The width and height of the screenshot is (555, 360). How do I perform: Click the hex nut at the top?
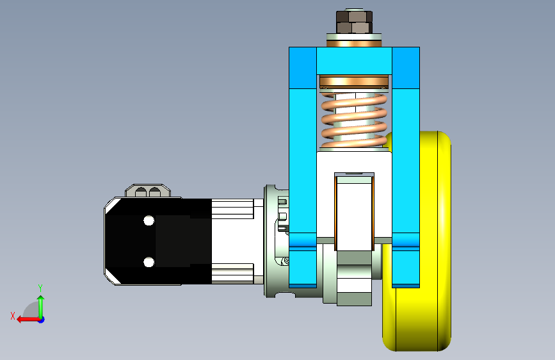(x=354, y=22)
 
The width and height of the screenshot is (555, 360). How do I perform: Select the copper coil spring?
(x=354, y=120)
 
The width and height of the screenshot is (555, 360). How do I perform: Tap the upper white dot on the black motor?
(x=149, y=221)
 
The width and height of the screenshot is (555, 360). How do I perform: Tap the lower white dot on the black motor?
(x=149, y=262)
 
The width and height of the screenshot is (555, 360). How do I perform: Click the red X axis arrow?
(x=28, y=320)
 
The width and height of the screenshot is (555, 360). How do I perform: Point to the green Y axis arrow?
(x=41, y=306)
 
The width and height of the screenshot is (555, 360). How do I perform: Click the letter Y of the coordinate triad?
(x=40, y=288)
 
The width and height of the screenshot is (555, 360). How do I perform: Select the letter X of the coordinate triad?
(x=13, y=316)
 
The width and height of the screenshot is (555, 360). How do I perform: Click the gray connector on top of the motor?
(x=148, y=191)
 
